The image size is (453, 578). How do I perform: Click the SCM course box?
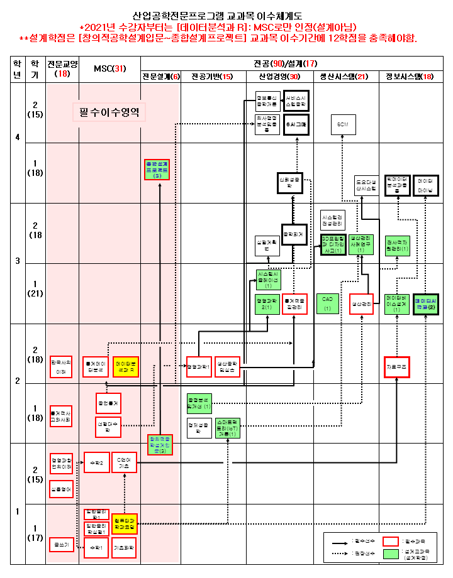(x=343, y=124)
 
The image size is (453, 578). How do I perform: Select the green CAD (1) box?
(x=327, y=303)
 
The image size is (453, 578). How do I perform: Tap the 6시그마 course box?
(x=296, y=124)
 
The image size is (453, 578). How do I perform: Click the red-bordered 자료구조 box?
(x=397, y=366)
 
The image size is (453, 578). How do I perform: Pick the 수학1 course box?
(x=96, y=548)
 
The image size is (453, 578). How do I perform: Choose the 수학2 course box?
(x=96, y=463)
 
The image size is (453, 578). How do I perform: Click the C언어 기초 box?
(x=125, y=463)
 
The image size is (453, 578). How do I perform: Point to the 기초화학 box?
(x=124, y=548)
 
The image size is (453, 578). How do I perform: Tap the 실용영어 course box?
(x=62, y=488)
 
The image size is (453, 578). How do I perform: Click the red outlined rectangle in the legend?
(x=391, y=541)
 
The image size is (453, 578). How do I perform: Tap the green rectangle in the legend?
(x=391, y=555)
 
